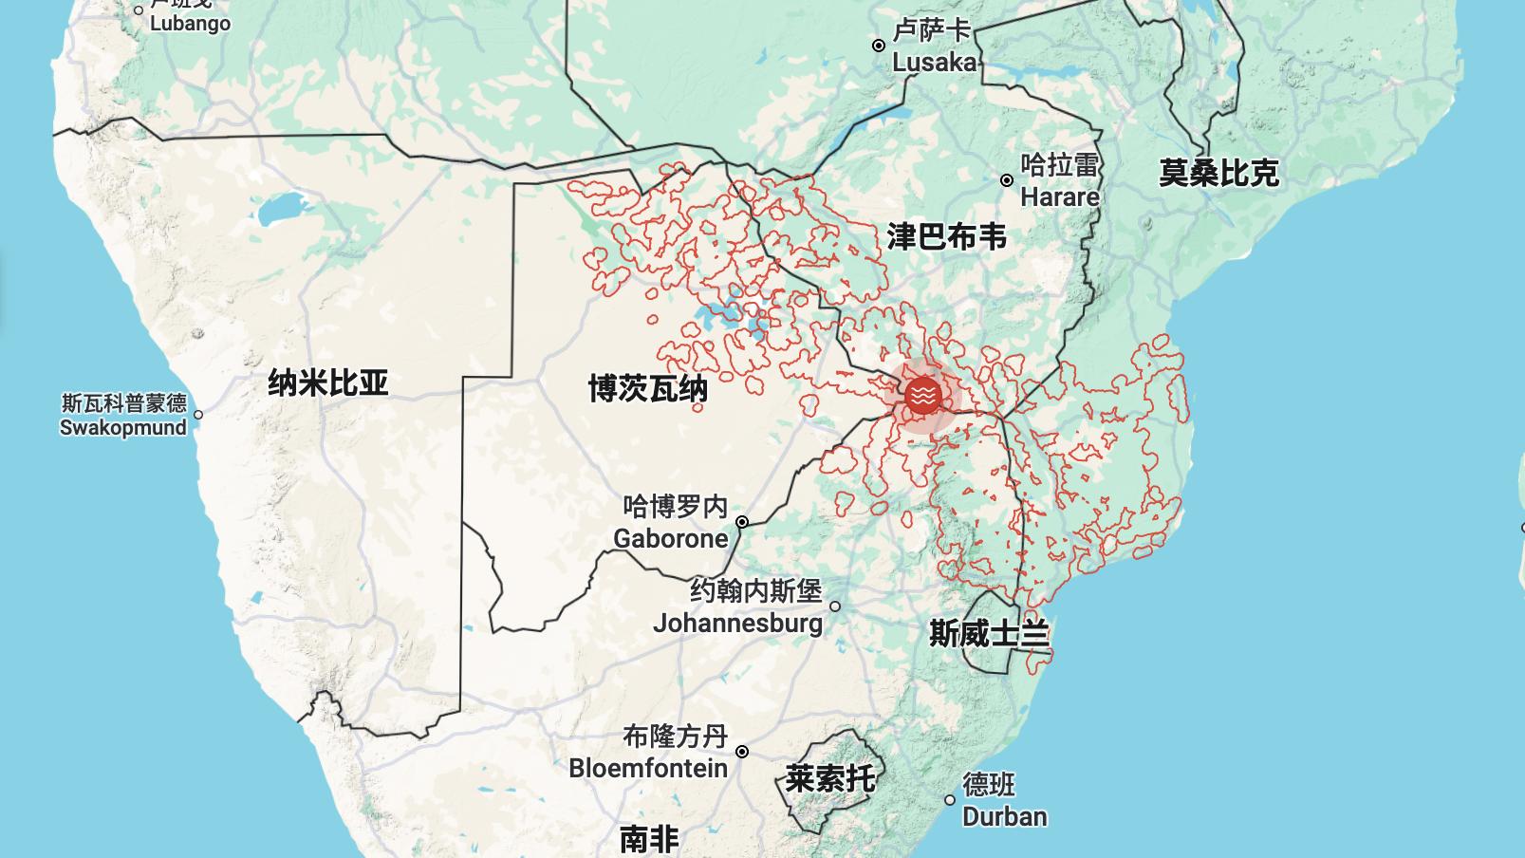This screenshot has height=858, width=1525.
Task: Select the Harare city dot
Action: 1007,180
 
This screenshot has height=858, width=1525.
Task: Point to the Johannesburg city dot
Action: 835,606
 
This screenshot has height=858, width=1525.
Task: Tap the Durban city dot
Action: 950,800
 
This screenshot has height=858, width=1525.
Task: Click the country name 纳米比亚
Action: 328,383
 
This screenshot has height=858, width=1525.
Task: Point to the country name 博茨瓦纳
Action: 648,388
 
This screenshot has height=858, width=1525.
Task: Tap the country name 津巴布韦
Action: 946,236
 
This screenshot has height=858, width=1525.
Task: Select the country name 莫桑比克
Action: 1218,174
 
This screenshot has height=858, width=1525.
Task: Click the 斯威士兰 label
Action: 990,633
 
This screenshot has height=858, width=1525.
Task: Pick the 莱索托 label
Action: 830,779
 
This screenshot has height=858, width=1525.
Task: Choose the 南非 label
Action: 649,839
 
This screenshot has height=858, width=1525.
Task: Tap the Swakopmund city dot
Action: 198,415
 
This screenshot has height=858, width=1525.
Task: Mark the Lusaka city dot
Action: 879,46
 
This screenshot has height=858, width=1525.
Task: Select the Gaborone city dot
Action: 742,522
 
